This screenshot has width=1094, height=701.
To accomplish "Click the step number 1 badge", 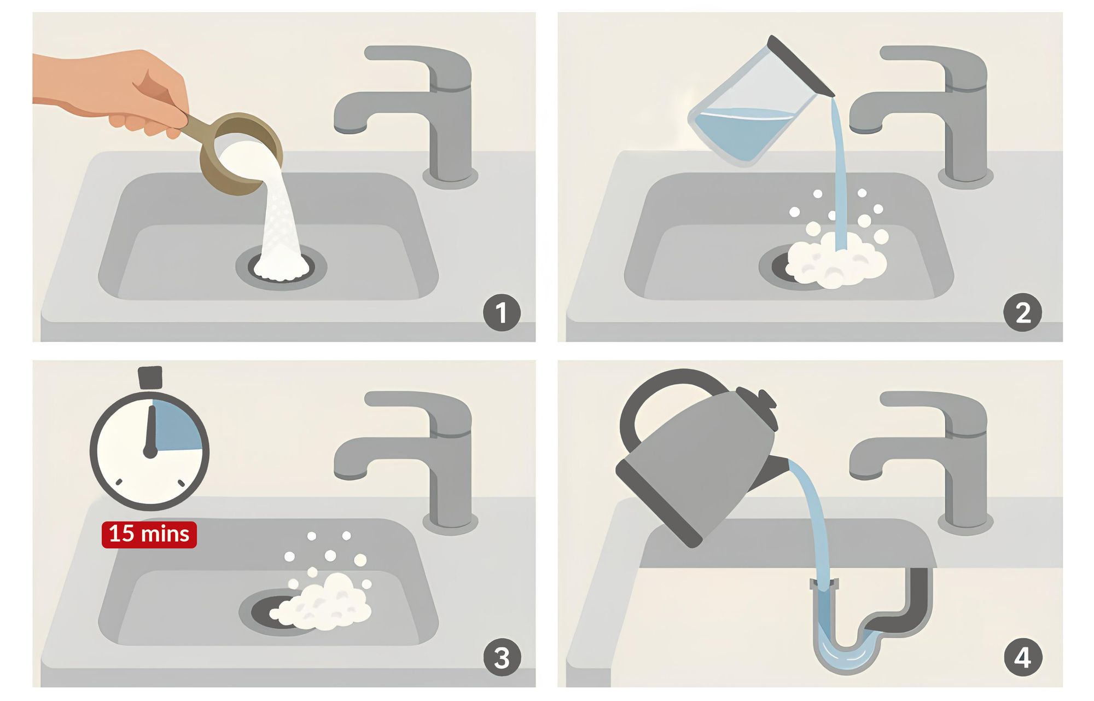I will point(501,312).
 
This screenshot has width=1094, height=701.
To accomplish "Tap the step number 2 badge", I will point(1022,312).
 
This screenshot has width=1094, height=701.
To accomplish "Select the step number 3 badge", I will point(501,657).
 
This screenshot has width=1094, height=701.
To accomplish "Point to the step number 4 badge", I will point(1022,657).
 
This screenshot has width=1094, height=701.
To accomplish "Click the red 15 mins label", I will point(149,534).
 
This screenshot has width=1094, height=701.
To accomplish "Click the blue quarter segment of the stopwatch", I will point(176,426).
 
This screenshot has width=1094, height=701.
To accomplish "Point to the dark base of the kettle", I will point(656,503).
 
